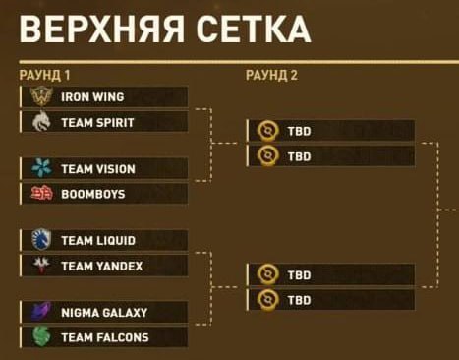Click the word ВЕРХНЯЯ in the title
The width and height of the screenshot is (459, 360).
click(x=102, y=29)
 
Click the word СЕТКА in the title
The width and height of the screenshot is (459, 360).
click(x=254, y=29)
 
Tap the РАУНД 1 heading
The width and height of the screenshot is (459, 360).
click(x=44, y=75)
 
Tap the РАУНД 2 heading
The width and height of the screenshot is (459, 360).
click(x=271, y=75)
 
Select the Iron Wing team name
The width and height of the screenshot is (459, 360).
click(x=92, y=97)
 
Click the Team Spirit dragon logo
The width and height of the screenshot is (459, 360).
click(x=41, y=121)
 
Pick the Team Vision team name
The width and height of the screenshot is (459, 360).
click(x=98, y=169)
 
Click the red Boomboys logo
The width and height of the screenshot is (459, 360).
click(x=41, y=194)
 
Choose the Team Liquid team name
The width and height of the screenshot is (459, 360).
click(x=98, y=241)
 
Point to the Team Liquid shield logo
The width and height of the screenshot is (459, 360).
click(x=41, y=239)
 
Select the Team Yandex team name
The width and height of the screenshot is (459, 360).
click(x=102, y=266)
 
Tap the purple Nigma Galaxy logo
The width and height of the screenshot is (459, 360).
click(x=41, y=311)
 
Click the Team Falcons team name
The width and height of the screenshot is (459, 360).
click(x=105, y=337)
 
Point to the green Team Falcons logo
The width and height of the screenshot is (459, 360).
click(x=41, y=336)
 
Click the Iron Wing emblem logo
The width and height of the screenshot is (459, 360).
click(x=41, y=96)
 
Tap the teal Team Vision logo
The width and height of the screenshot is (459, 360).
click(x=42, y=167)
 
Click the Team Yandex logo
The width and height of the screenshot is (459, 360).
click(x=41, y=265)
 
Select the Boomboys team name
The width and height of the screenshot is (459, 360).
click(x=93, y=195)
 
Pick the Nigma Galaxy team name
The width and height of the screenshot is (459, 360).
click(x=104, y=313)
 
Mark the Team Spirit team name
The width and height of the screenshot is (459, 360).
click(x=97, y=123)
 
